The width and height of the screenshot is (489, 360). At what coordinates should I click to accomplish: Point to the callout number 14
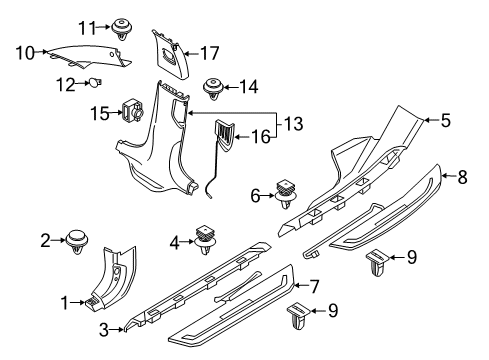tap(250, 87)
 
